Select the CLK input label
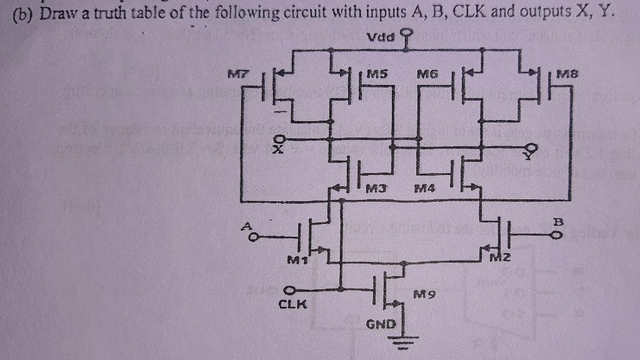coord(292,305)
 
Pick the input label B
coord(557,222)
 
